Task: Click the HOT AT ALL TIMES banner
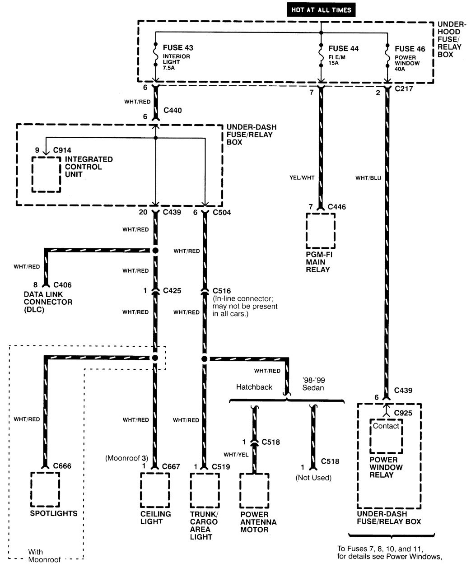pos(321,9)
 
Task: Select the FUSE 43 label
pos(178,48)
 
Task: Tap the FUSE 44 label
pos(344,48)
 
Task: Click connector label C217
pos(404,89)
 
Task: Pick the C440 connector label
pos(173,110)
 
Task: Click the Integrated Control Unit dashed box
pos(46,174)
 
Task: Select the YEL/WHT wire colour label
pos(302,178)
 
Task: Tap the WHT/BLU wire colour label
pos(368,178)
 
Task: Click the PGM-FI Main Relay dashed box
pos(321,230)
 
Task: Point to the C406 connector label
pos(62,285)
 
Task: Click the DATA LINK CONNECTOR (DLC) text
pos(48,302)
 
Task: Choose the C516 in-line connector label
pos(222,290)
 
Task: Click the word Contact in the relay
pos(386,426)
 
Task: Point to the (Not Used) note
pos(313,478)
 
